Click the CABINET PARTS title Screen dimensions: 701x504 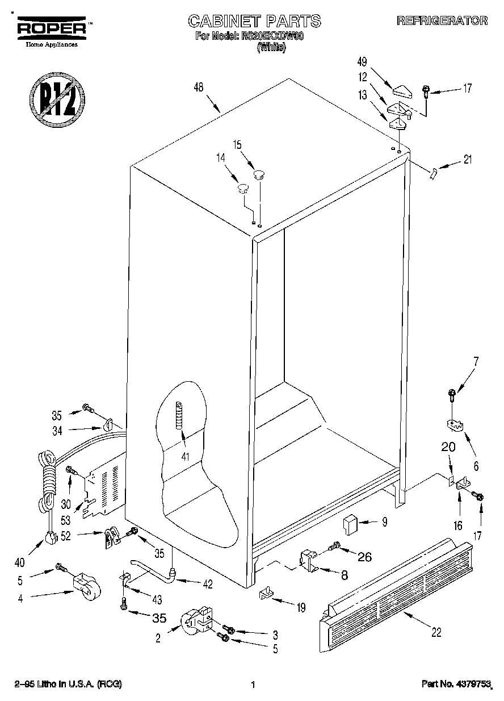(x=254, y=22)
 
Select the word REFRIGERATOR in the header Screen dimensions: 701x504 (x=442, y=21)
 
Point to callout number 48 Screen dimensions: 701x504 (x=198, y=87)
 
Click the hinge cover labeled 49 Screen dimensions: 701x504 (x=405, y=89)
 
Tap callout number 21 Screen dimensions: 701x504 (x=467, y=160)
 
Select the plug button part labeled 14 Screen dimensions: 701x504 (x=243, y=187)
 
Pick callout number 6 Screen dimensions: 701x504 (x=476, y=466)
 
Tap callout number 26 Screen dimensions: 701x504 (x=364, y=557)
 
